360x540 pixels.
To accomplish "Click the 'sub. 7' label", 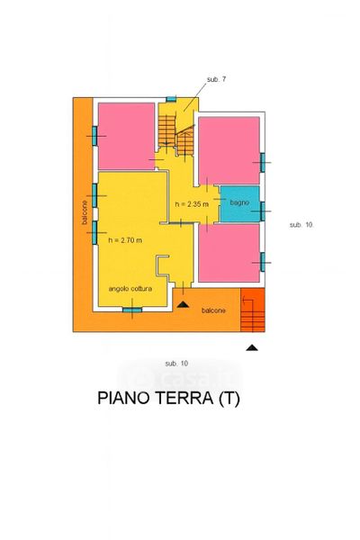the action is tap(216, 79).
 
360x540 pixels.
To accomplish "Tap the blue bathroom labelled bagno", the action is tap(239, 204).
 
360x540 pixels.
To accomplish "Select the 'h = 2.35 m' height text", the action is tap(192, 204).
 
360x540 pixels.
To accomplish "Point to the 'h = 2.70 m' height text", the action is tap(125, 240).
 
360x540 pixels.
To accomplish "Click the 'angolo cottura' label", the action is tap(130, 289).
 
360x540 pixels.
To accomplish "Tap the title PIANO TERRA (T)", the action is tap(169, 398).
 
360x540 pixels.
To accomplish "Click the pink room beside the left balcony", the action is tap(126, 136).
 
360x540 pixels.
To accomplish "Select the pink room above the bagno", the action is tap(229, 150).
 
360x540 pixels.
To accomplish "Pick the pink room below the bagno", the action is tap(229, 253).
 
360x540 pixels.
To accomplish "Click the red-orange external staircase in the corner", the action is tap(253, 310).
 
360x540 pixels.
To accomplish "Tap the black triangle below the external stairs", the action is tap(252, 347).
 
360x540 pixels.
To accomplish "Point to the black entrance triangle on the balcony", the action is tap(183, 304).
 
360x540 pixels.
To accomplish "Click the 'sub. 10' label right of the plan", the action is tap(301, 225).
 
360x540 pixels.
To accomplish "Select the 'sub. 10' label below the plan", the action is tap(176, 364).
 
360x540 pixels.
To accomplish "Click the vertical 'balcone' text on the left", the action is tap(85, 212).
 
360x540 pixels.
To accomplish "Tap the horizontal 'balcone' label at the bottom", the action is tap(213, 310).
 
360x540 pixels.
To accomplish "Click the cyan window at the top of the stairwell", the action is tap(171, 99).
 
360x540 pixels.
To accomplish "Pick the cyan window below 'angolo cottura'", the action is tap(132, 310).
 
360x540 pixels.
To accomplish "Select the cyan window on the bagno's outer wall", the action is tap(263, 211).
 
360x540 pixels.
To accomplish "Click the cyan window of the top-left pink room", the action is tap(94, 136).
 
